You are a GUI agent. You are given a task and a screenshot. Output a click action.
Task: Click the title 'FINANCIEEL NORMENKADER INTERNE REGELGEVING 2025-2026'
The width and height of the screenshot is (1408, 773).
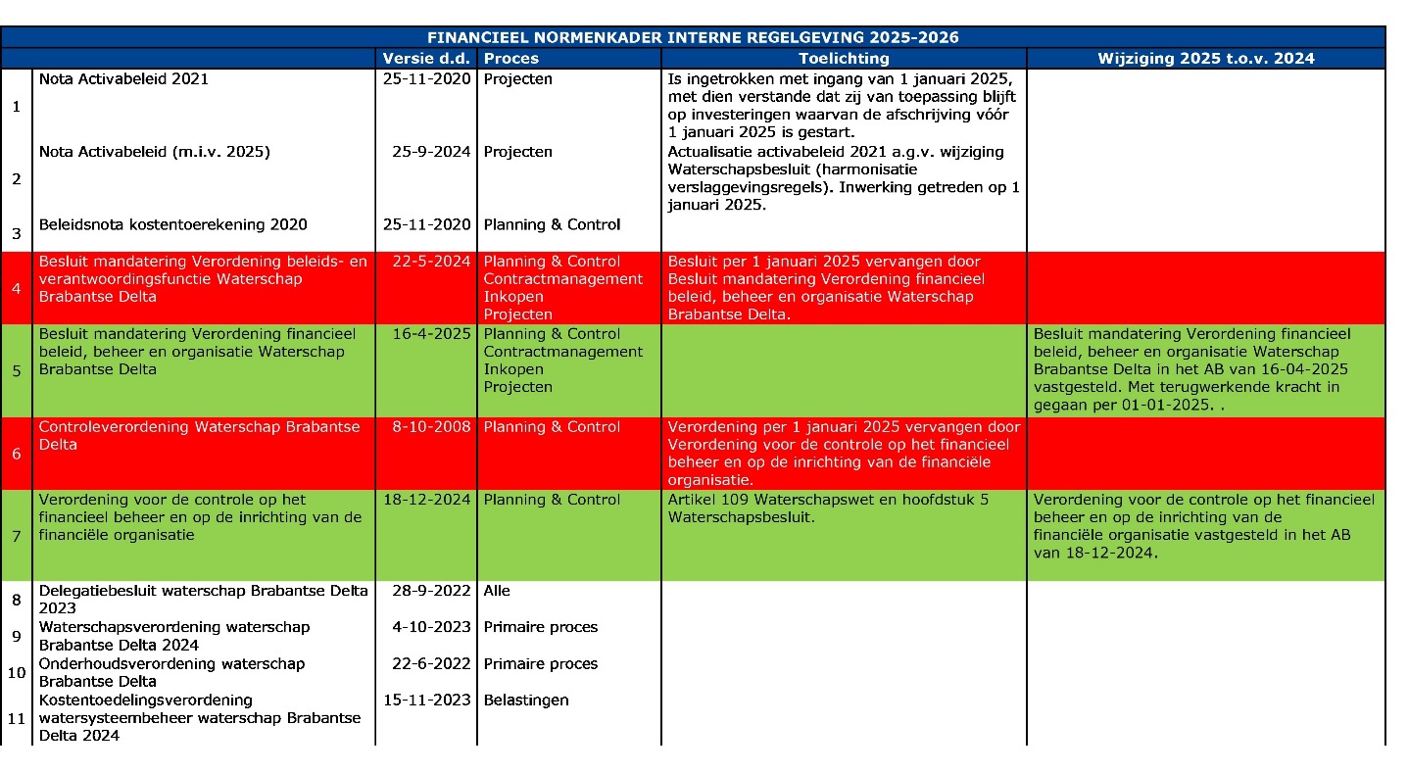[x=693, y=38]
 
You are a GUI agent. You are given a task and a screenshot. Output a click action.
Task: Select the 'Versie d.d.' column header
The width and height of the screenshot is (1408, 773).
[x=426, y=58]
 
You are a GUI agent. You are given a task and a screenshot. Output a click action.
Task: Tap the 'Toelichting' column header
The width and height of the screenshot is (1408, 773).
[x=844, y=58]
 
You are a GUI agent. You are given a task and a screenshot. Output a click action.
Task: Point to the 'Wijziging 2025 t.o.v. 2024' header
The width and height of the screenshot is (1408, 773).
[x=1205, y=58]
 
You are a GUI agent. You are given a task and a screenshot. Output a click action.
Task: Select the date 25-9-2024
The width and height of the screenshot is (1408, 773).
[x=431, y=152]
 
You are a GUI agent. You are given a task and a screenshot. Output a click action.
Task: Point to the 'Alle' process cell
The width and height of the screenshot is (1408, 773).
[x=497, y=591]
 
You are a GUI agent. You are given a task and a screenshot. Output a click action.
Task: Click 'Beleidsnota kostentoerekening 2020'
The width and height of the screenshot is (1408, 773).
[x=172, y=224]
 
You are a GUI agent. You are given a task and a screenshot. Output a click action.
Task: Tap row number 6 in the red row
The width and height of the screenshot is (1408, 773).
[x=16, y=454]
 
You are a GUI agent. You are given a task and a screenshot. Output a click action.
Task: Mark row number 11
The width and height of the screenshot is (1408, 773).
[x=16, y=718]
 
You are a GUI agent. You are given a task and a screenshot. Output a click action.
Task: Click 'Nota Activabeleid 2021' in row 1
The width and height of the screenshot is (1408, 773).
[x=123, y=79]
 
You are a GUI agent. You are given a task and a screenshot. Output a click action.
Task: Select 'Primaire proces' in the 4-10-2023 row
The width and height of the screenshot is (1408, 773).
[x=540, y=627]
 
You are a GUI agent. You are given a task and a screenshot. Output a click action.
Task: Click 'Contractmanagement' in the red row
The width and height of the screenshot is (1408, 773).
[x=563, y=279]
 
